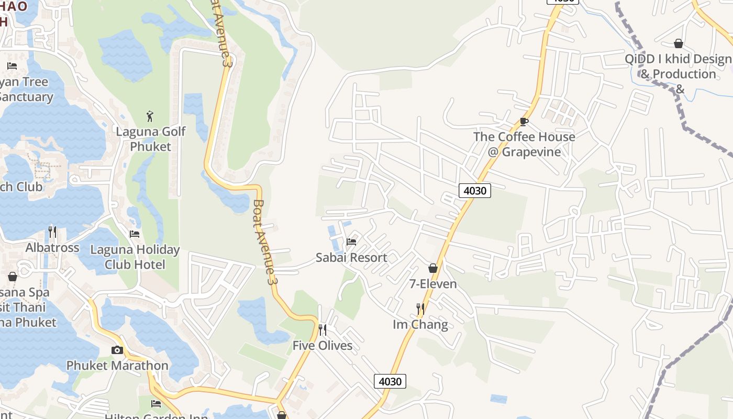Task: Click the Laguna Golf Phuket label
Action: click(151, 139)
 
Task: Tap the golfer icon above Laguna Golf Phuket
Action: click(151, 115)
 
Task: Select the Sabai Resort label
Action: click(351, 258)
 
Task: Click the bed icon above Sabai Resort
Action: click(351, 241)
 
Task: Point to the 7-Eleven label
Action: click(433, 284)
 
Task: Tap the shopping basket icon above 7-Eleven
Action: click(433, 268)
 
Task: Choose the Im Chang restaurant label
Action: click(420, 325)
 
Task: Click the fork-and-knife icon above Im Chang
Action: click(420, 309)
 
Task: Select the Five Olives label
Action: click(323, 346)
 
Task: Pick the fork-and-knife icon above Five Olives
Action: click(323, 329)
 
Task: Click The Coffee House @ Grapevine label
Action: click(524, 144)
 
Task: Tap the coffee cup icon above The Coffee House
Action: click(524, 122)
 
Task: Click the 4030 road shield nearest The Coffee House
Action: click(475, 191)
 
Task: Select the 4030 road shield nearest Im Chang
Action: click(390, 381)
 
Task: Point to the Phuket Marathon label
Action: click(117, 366)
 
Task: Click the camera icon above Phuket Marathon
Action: click(117, 350)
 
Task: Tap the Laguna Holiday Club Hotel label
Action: click(135, 257)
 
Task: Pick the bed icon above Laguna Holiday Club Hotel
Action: click(135, 234)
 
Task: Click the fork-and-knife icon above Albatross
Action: click(52, 231)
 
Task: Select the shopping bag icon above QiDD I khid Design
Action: click(679, 43)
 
